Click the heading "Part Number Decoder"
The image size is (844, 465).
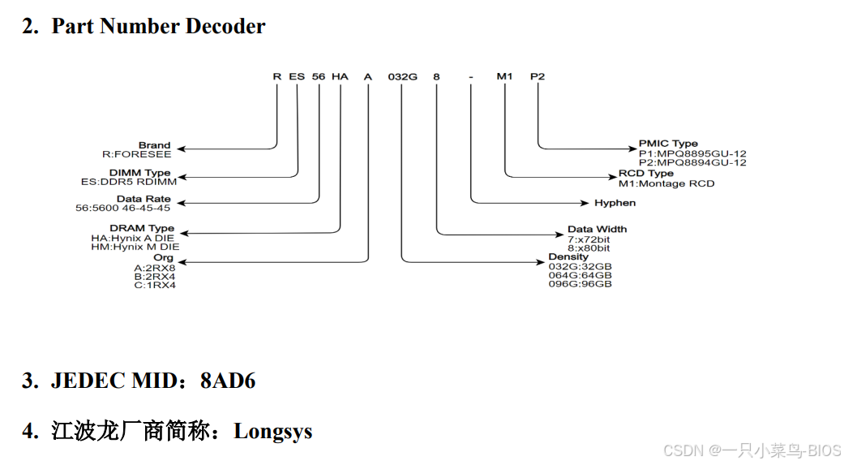click(x=158, y=26)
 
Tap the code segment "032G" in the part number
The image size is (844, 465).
click(x=403, y=76)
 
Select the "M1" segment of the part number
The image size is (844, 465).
click(x=505, y=76)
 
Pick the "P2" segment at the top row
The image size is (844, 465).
click(x=538, y=76)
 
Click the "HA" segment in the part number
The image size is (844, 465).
click(x=340, y=76)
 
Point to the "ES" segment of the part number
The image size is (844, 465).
click(x=298, y=76)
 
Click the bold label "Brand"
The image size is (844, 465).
click(x=154, y=145)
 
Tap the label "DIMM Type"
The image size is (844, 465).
click(x=145, y=173)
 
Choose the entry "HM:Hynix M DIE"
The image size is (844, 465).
click(x=135, y=246)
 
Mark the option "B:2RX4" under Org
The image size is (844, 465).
click(x=154, y=276)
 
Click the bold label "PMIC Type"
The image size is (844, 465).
click(x=668, y=144)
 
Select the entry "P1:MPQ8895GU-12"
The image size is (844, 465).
click(x=692, y=153)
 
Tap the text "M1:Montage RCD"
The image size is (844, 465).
click(x=666, y=183)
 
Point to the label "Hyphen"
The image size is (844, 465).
click(x=615, y=203)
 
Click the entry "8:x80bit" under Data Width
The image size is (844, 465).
click(x=589, y=248)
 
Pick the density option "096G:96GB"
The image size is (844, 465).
click(x=580, y=284)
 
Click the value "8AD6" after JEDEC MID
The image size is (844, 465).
click(x=228, y=381)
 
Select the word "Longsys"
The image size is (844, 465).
click(x=272, y=431)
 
